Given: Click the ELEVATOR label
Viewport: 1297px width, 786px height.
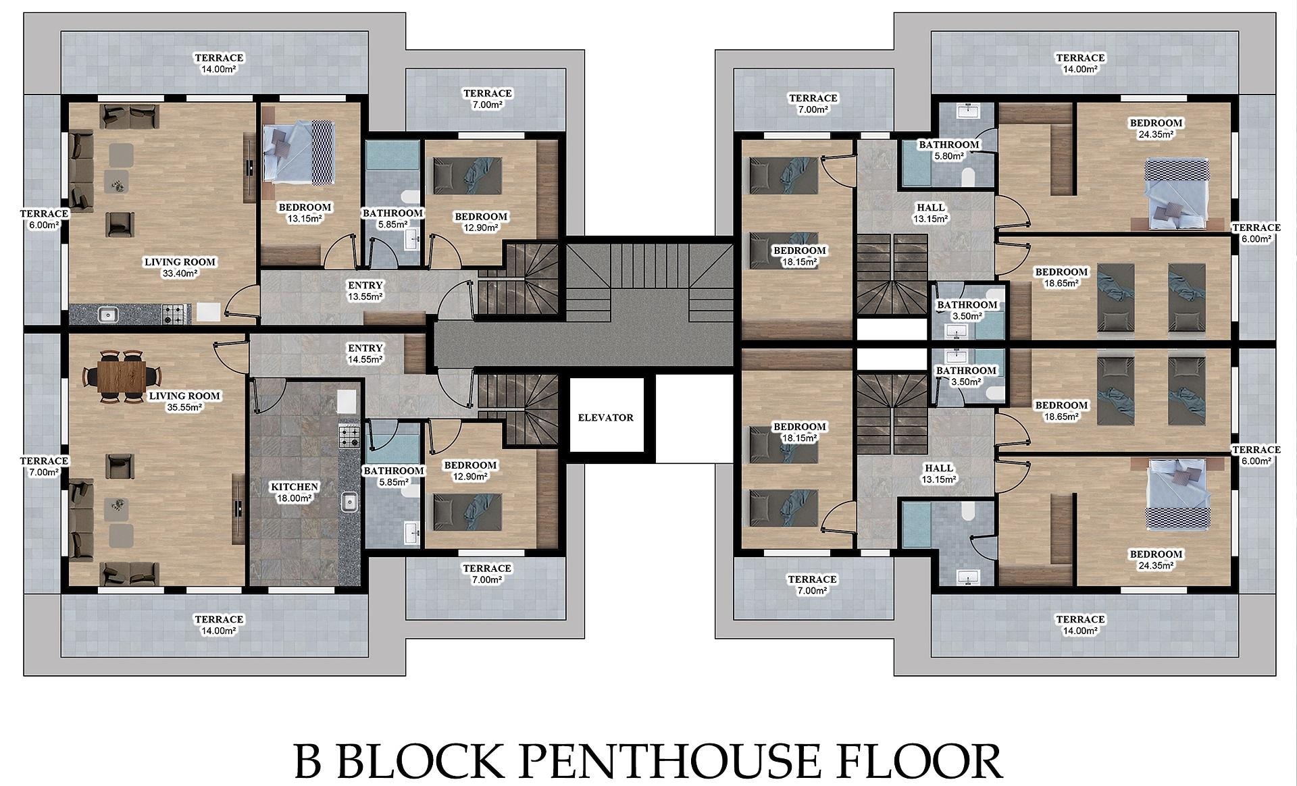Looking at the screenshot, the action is pyautogui.click(x=605, y=417).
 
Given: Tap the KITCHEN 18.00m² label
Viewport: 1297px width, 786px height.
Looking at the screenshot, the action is pyautogui.click(x=294, y=492).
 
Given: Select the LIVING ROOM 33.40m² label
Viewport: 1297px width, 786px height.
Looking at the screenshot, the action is pyautogui.click(x=180, y=267).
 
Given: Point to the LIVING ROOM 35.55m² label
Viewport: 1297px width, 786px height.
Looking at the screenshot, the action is pyautogui.click(x=184, y=401).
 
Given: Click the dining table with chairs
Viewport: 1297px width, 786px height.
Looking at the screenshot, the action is pyautogui.click(x=122, y=376).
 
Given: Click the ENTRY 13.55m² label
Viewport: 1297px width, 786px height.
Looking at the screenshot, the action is pyautogui.click(x=365, y=290).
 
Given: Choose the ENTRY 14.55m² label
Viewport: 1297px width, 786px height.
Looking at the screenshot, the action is pyautogui.click(x=365, y=353).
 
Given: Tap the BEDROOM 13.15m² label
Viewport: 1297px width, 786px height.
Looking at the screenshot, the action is pyautogui.click(x=305, y=213).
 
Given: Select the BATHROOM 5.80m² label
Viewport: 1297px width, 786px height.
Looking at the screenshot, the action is pyautogui.click(x=948, y=150).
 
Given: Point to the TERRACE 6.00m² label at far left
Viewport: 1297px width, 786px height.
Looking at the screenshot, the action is pyautogui.click(x=44, y=219).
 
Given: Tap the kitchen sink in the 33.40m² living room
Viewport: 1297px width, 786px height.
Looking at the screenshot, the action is pyautogui.click(x=107, y=314).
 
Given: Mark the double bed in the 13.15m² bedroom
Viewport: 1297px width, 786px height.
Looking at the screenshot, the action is pyautogui.click(x=298, y=152).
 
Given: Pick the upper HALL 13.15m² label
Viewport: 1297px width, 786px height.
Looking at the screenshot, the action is pyautogui.click(x=931, y=213).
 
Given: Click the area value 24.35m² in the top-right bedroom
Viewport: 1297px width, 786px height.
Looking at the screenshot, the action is pyautogui.click(x=1156, y=134).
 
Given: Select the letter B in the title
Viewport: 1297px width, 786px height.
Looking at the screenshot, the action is pyautogui.click(x=308, y=761).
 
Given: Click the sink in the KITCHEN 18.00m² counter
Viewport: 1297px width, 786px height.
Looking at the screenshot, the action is pyautogui.click(x=349, y=502).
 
